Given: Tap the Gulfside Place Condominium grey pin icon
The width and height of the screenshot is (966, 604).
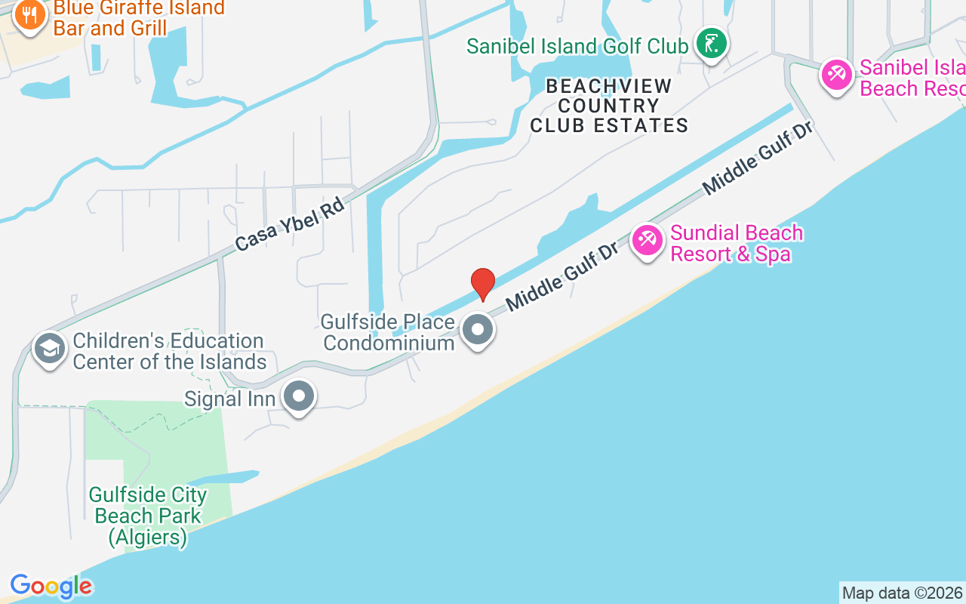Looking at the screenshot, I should tap(478, 330).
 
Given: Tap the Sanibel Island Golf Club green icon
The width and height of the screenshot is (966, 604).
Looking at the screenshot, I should tap(711, 44).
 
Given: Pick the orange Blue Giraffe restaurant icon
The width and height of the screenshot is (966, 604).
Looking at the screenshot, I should tap(29, 14).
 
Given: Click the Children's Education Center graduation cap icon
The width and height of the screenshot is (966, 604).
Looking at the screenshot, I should tap(51, 349).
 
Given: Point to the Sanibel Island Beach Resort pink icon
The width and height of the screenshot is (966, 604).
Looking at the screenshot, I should tap(837, 75).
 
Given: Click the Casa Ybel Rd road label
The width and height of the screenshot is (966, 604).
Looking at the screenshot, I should tap(289, 224).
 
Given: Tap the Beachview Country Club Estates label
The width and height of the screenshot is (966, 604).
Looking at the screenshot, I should tap(609, 106).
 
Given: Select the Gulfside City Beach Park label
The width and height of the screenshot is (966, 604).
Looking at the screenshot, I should tap(148, 516).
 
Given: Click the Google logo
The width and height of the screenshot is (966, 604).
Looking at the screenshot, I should tap(51, 586).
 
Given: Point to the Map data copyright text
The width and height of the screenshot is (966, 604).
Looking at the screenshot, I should tap(902, 593).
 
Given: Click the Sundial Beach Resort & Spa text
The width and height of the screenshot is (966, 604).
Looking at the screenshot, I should tap(736, 243).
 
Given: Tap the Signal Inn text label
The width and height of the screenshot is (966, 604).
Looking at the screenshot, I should tap(229, 398).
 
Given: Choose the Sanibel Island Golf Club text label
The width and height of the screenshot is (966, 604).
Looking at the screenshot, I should tap(577, 46).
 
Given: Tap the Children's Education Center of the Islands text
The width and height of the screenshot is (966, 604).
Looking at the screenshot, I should tap(169, 351).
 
